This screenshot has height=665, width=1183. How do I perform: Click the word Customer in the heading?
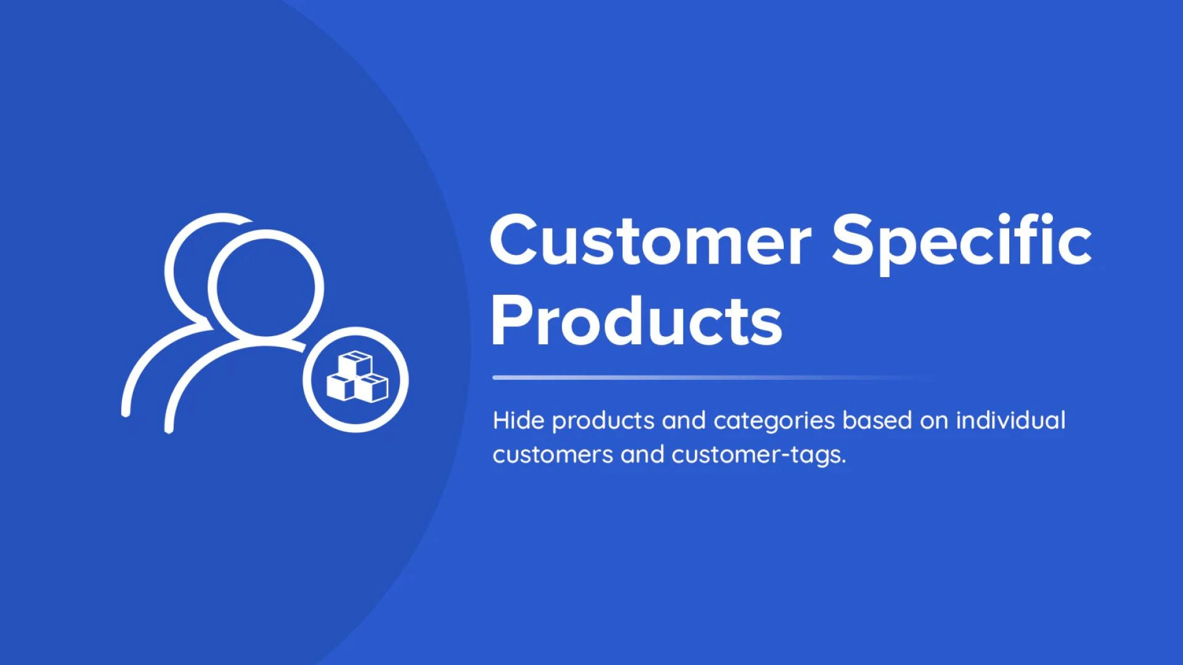651,240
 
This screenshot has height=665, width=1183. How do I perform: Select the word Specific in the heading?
962,243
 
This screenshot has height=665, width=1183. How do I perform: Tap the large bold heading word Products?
636,321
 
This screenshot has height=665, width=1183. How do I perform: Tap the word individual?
1010,421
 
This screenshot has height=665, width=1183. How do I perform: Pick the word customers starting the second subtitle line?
553,455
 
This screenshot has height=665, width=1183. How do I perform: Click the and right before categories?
684,421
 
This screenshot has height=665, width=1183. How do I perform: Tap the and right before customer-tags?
643,454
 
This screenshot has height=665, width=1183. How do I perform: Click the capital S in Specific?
852,240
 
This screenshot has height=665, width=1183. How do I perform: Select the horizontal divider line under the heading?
715,377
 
